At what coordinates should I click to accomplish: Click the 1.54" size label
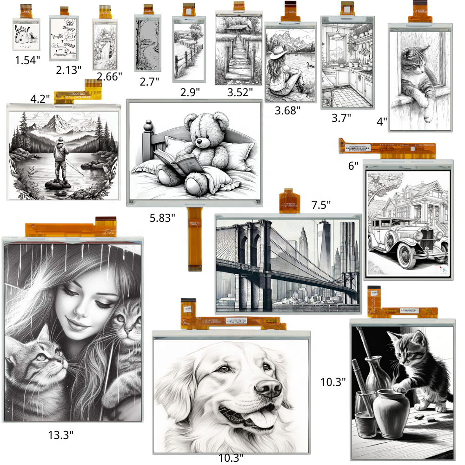coord(27,60)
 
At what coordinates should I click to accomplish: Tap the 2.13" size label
coord(68,70)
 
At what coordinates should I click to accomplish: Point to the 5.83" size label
coord(162,217)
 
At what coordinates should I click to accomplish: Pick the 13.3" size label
coord(60,435)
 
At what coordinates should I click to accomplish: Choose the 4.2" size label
coord(40,99)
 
